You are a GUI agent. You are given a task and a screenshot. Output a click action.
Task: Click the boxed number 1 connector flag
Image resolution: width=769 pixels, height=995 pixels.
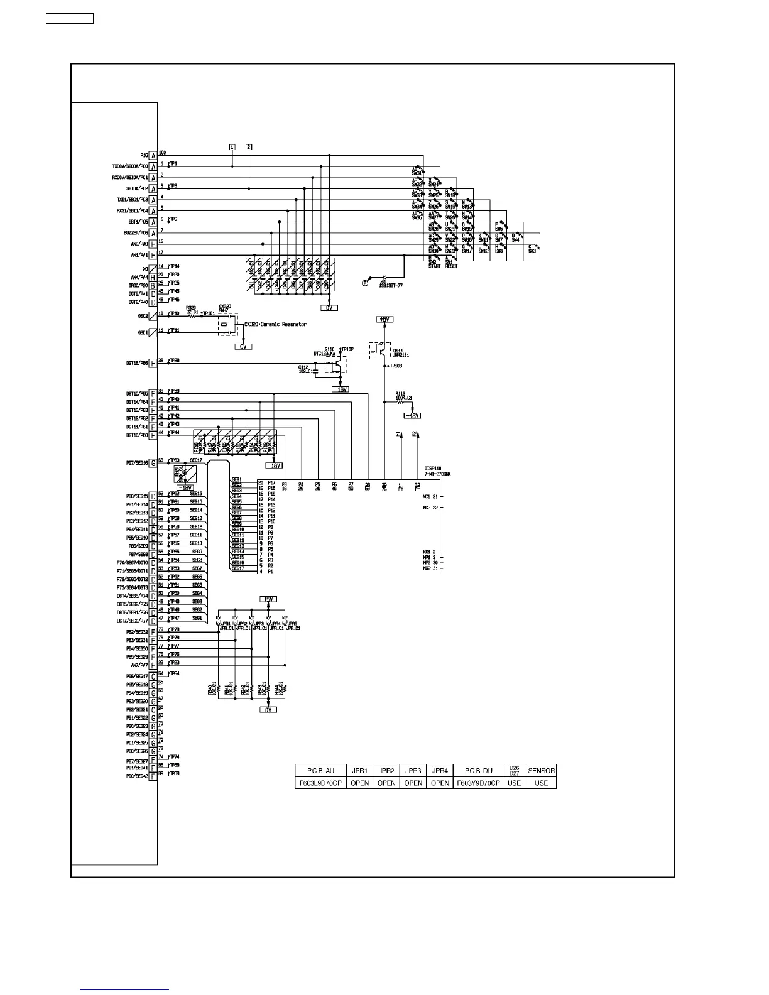[232, 147]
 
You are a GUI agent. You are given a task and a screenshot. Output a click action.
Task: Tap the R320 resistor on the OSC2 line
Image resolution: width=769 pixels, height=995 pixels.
[192, 312]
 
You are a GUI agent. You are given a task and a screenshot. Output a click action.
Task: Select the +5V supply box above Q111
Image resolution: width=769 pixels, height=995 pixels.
[384, 319]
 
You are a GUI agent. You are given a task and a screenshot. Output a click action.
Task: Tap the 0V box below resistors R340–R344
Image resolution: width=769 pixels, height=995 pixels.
[268, 710]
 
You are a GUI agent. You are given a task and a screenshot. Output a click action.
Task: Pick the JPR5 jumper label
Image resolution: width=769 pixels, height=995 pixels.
[292, 626]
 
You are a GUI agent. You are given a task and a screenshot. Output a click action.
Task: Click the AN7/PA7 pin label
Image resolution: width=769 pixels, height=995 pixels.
[139, 665]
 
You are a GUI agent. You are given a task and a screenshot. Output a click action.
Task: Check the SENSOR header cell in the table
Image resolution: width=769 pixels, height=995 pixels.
[541, 771]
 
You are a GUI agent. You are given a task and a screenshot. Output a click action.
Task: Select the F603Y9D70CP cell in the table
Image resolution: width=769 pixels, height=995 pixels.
[479, 783]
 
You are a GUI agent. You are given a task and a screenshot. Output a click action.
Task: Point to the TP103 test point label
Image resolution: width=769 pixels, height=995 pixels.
[396, 366]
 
